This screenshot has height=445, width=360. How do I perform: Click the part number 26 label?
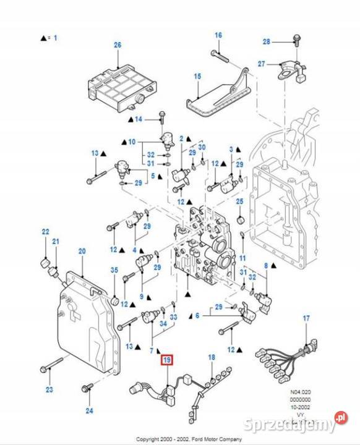118,45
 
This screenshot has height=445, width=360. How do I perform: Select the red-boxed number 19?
166,360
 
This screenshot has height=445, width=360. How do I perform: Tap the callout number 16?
218,35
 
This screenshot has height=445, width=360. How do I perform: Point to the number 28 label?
267,41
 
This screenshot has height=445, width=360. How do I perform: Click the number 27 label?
261,64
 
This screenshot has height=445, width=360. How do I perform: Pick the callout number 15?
197,77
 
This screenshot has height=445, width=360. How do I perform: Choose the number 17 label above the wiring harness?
306,318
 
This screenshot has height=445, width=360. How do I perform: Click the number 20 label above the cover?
82,251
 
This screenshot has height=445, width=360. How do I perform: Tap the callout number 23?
49,390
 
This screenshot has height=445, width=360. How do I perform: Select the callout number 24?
89,410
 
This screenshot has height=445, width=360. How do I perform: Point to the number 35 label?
114,269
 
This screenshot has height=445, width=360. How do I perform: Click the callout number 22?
45,232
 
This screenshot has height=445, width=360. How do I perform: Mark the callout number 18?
211,358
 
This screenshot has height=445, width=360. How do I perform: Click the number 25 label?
240,201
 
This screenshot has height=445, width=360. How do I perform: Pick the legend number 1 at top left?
55,38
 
